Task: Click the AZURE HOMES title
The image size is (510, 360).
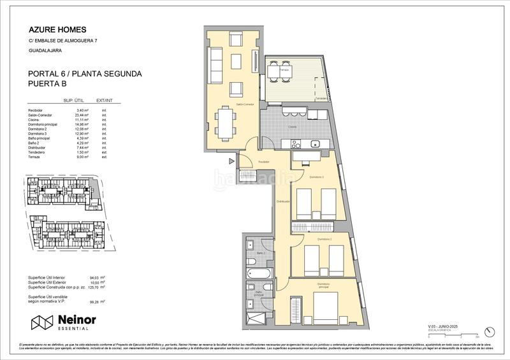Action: tap(57, 29)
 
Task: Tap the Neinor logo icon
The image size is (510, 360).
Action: tap(41, 322)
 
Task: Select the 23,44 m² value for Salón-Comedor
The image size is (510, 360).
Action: tap(82, 115)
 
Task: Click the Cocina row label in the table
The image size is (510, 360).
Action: tap(34, 120)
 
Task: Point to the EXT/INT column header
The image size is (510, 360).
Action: tap(105, 101)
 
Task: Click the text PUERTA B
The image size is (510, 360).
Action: tap(48, 84)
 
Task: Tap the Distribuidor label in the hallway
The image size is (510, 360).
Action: tap(283, 202)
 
